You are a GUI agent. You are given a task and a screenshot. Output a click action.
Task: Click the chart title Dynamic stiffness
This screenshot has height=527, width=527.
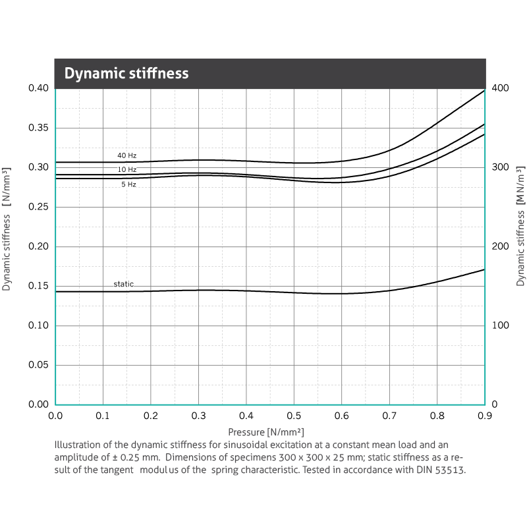pos(126,74)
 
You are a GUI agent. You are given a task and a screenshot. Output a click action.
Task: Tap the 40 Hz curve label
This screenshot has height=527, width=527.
pos(127,155)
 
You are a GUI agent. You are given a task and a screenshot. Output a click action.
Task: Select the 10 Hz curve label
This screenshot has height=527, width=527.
pos(127,170)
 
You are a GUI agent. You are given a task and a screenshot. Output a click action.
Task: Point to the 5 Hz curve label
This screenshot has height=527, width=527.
pos(128,184)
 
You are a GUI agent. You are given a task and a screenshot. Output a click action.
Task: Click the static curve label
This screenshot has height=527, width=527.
pos(123,284)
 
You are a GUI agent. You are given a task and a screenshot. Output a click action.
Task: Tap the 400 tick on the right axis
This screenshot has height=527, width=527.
pos(501,88)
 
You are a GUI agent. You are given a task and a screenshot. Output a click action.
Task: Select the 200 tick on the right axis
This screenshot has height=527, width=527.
pos(501,246)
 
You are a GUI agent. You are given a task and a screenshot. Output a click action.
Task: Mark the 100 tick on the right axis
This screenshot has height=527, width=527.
pos(501,325)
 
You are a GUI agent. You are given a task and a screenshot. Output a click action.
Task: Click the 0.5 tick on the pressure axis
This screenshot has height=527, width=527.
pos(294,416)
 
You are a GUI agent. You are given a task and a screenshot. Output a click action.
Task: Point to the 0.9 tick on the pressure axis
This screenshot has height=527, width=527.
pos(485,416)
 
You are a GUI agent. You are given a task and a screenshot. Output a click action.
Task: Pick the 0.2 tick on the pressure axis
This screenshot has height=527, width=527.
pos(151,416)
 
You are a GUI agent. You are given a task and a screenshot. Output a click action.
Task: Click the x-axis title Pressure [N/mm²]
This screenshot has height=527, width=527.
pos(266,432)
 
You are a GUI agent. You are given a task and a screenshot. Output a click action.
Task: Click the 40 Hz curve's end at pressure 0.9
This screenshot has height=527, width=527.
pos(484,90)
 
